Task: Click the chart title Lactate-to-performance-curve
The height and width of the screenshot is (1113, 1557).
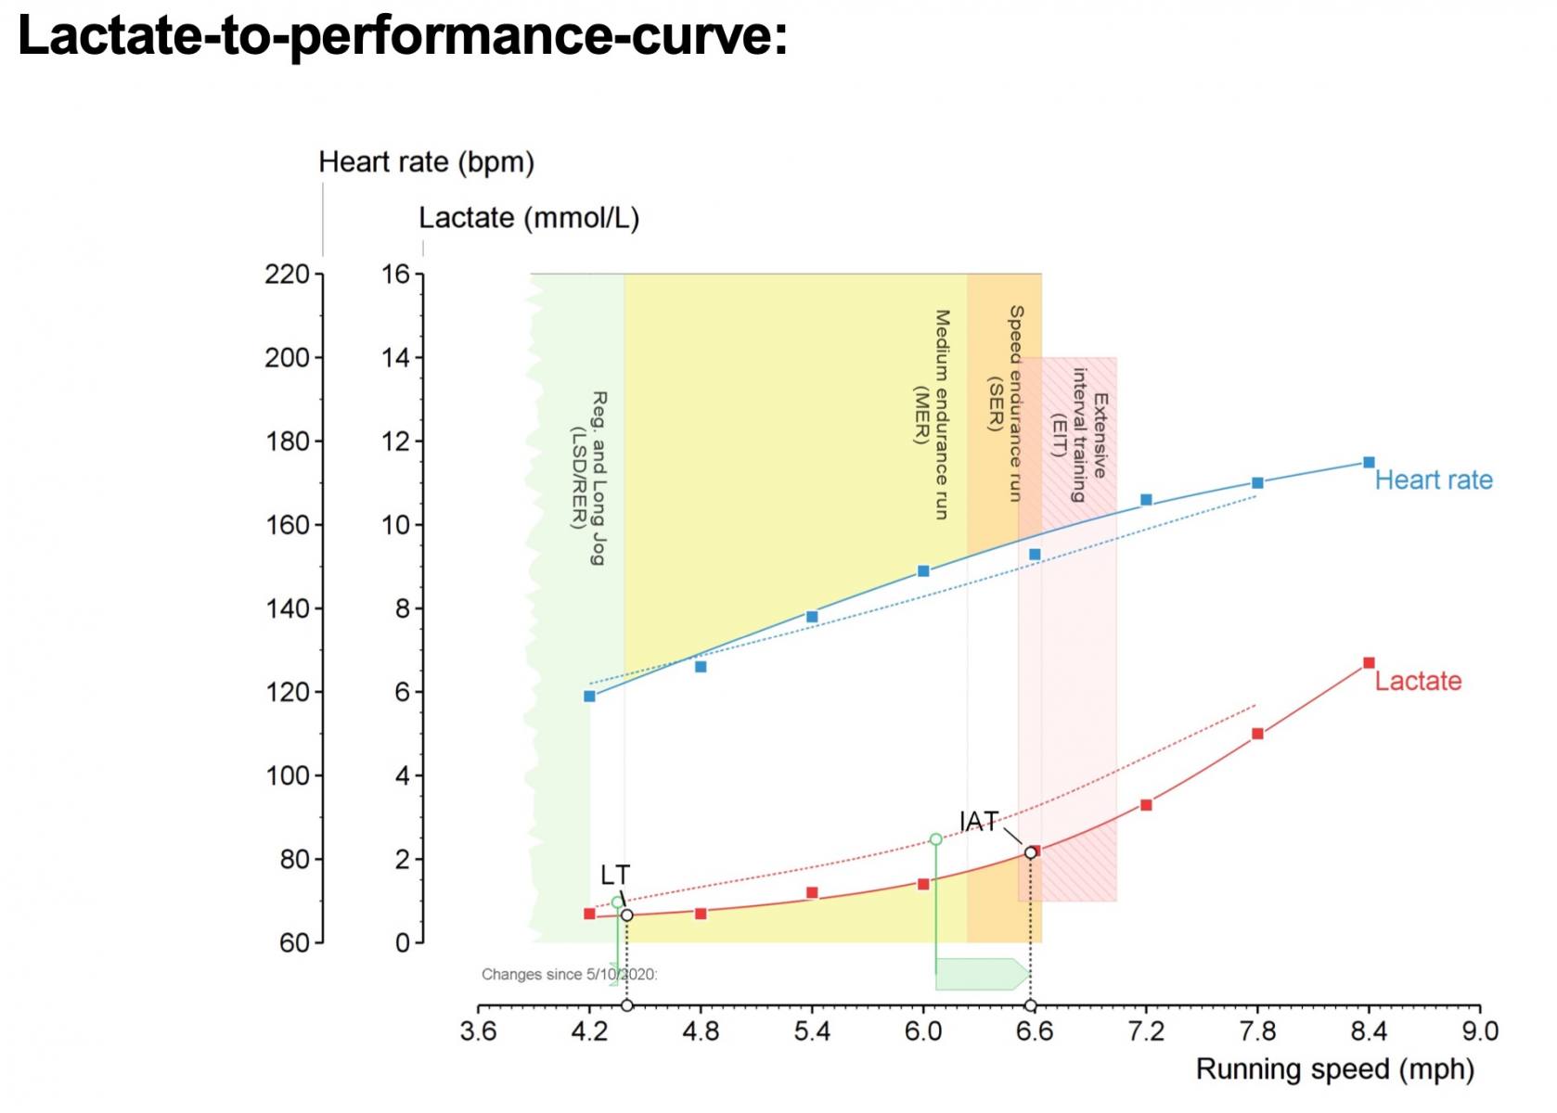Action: coord(403,37)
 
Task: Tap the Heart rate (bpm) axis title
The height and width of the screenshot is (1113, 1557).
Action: coord(426,162)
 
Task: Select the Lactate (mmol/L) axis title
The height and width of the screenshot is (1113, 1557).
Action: coord(528,218)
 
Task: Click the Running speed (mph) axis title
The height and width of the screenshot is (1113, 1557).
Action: coord(1334,1069)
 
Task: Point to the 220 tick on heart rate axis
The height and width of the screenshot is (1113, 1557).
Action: coord(287,275)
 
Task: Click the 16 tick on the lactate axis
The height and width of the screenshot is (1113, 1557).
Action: coord(394,275)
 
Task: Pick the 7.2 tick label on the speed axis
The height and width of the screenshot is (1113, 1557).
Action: coord(1146,1031)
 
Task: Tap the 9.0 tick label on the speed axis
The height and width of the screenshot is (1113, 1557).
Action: coord(1480,1031)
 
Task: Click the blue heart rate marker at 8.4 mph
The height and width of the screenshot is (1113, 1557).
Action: coord(1369,462)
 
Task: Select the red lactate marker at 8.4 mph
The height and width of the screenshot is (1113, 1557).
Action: coord(1369,663)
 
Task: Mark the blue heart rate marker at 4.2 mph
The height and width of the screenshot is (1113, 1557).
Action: coord(589,697)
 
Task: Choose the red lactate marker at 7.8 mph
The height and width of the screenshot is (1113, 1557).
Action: coord(1257,734)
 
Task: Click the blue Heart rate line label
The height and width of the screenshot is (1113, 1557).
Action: coord(1434,480)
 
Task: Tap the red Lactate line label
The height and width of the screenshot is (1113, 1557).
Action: coord(1418,681)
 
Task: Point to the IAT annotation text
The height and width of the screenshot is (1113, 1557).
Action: coord(979,821)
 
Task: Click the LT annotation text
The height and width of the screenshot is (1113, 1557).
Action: coord(615,876)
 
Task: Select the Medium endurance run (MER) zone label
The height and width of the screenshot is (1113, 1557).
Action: coord(932,415)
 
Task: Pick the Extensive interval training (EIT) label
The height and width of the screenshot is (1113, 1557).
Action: coord(1079,435)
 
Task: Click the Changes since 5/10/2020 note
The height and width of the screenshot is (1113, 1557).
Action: coord(570,974)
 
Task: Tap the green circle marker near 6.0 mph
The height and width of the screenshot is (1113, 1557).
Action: coord(935,839)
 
